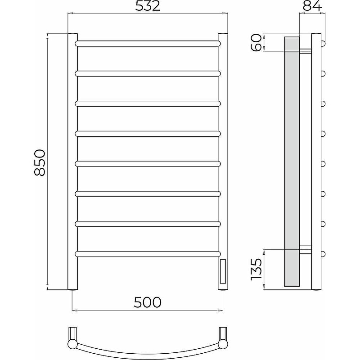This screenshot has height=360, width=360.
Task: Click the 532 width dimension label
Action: click(148, 6)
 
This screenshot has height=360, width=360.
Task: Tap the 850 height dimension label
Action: click(40, 162)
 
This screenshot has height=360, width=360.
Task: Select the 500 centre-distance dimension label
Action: click(148, 302)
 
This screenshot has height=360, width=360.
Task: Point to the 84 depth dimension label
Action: click(312, 6)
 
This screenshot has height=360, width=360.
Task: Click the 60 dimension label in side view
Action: click(256, 42)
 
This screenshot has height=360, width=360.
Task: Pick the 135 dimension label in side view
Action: click(256, 269)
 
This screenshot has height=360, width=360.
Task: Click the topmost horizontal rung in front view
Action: click(148, 43)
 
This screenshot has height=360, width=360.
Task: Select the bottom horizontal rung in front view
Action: click(148, 254)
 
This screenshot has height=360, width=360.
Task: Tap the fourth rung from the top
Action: click(148, 134)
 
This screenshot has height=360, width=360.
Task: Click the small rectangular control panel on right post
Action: click(223, 271)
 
